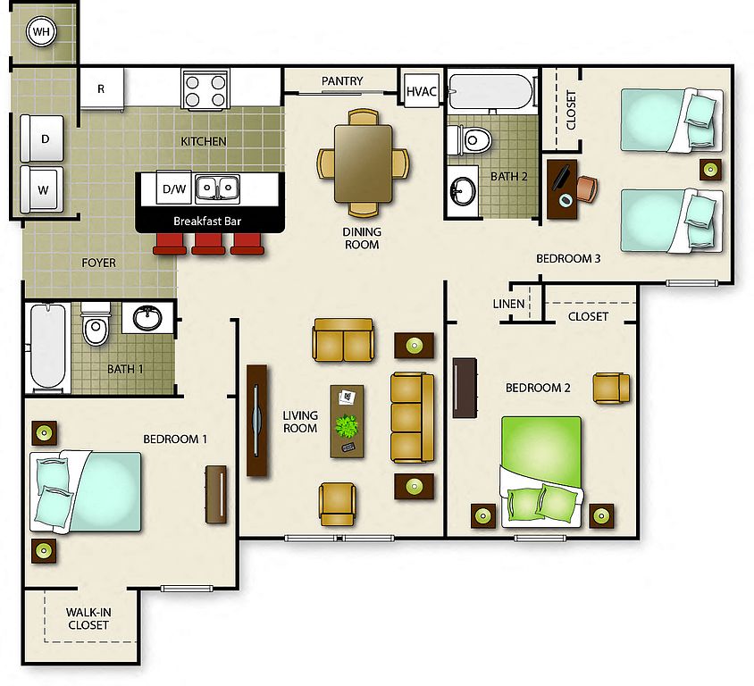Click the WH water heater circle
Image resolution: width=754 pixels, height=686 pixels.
point(41,32)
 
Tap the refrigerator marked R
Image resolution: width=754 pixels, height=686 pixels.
point(102,89)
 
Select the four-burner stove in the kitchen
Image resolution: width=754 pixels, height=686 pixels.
point(205,90)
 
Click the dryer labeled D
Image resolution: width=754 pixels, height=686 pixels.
point(42,138)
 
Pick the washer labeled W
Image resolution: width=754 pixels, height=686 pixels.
point(42,189)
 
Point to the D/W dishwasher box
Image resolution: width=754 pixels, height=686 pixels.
point(174,189)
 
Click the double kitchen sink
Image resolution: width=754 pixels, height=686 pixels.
point(217,188)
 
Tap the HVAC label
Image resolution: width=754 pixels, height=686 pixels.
point(422,91)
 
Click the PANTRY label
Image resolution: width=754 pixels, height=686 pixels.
point(342,80)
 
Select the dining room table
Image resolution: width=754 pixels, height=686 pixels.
point(363,163)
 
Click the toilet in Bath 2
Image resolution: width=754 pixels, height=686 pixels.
point(469,140)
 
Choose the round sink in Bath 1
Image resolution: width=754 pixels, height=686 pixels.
point(147,318)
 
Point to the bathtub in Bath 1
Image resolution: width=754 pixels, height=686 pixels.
point(47,347)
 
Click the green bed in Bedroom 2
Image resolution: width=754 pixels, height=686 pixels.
point(541,471)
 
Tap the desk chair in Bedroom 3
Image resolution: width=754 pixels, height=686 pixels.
point(587,189)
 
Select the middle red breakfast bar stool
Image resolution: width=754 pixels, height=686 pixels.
point(208,244)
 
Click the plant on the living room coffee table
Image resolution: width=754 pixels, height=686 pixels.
point(347,426)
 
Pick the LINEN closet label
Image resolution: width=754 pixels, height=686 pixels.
point(508,304)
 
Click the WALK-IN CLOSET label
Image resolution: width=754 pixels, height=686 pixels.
point(88,619)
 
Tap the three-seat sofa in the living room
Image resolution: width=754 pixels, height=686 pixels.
point(412,418)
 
